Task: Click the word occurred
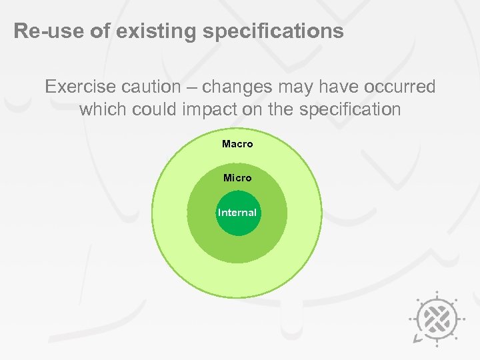click(x=401, y=87)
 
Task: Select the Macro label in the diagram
click(x=237, y=143)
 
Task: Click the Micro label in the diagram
click(x=237, y=178)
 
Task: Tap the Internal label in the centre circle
click(x=237, y=213)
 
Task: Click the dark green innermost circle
click(x=237, y=225)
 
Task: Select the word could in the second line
click(x=152, y=109)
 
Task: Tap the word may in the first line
click(x=289, y=87)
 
